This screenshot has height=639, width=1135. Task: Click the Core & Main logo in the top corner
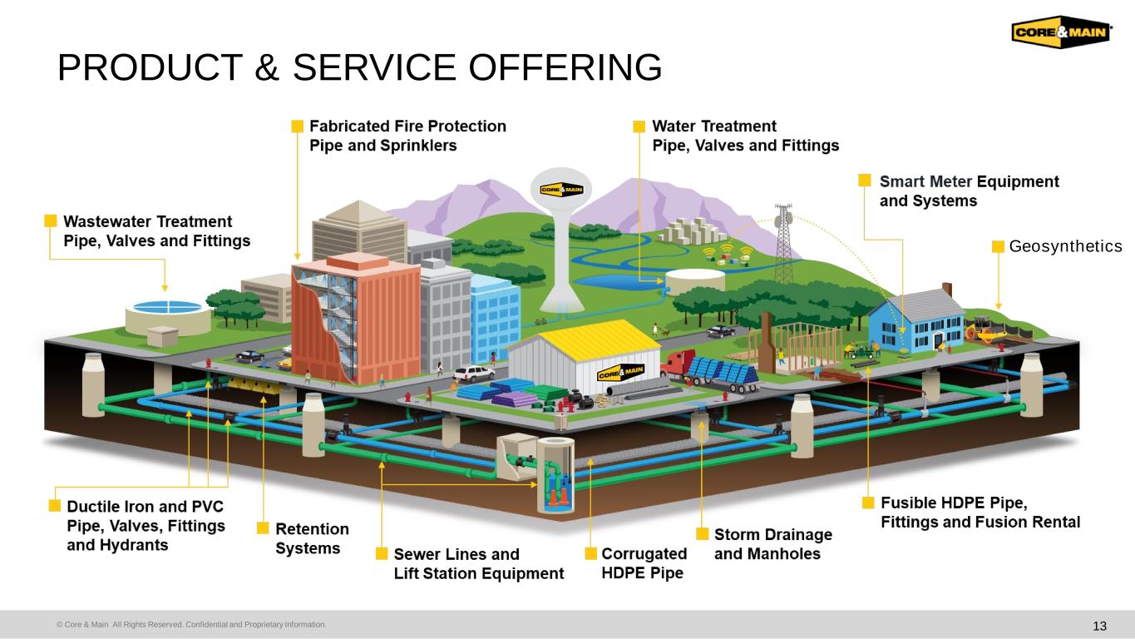[1061, 32]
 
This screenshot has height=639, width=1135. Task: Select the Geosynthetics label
[1065, 246]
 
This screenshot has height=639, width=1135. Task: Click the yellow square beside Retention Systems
[263, 528]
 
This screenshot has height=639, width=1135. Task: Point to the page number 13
[1099, 626]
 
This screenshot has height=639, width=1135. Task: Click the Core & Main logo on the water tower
[561, 190]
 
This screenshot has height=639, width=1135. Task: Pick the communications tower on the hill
[783, 245]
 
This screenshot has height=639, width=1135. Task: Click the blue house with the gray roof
[915, 321]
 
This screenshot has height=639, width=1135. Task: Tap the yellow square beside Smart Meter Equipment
[865, 181]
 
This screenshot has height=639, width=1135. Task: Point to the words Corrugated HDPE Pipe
[644, 563]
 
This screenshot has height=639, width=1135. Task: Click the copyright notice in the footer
[191, 624]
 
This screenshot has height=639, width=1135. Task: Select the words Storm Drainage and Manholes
[773, 543]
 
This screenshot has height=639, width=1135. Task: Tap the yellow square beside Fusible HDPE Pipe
[868, 502]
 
